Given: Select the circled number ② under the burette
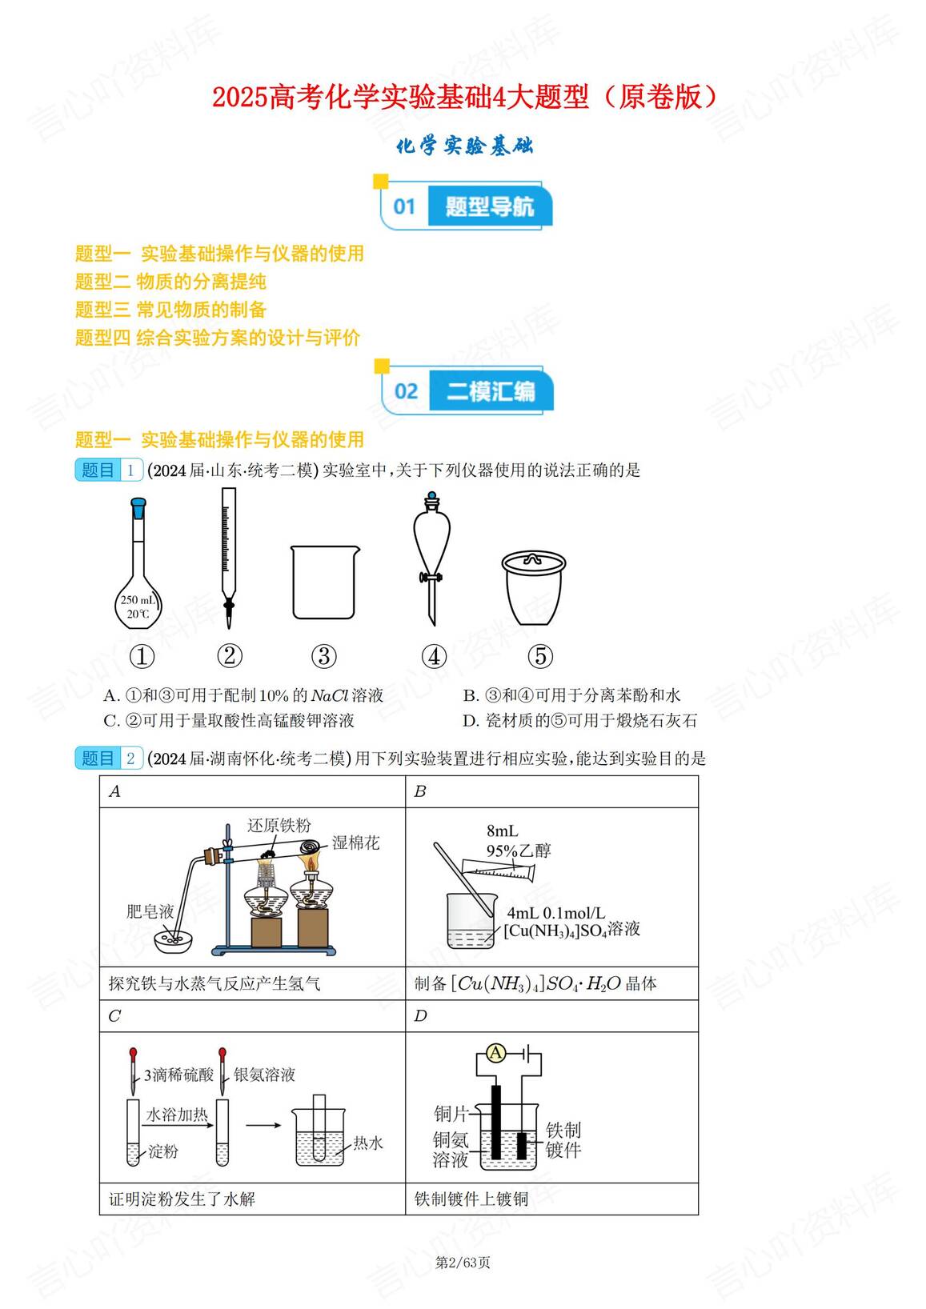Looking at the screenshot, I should [229, 656].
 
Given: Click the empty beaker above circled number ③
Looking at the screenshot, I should [324, 582].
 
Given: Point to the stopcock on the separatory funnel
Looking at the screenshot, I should [431, 577].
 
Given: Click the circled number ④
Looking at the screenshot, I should [434, 657].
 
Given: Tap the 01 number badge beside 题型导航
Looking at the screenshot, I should [405, 206].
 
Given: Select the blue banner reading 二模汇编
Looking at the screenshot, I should [490, 391].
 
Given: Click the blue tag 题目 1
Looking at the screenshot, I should [109, 470].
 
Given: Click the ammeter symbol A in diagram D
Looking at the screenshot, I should [496, 1053].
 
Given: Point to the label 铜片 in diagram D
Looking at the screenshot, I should [451, 1113].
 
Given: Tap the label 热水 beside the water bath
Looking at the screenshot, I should [368, 1143].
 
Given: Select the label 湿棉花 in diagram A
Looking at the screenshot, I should [356, 843].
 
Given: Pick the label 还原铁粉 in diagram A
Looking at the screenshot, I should [279, 825].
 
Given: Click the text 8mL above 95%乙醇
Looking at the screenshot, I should [502, 831].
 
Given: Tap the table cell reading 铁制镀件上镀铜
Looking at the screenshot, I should [471, 1199].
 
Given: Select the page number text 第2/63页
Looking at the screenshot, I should [463, 1263].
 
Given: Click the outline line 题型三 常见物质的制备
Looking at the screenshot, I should [170, 310].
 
